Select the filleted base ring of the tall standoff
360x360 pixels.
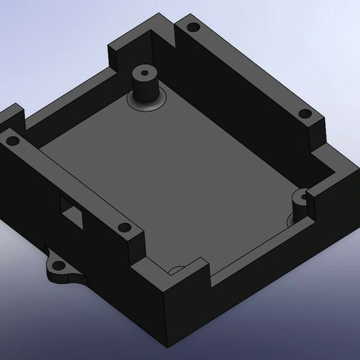(x=147, y=104)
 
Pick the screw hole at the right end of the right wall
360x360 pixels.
(x=303, y=114)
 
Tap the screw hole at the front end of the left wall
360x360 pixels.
(x=123, y=227)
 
